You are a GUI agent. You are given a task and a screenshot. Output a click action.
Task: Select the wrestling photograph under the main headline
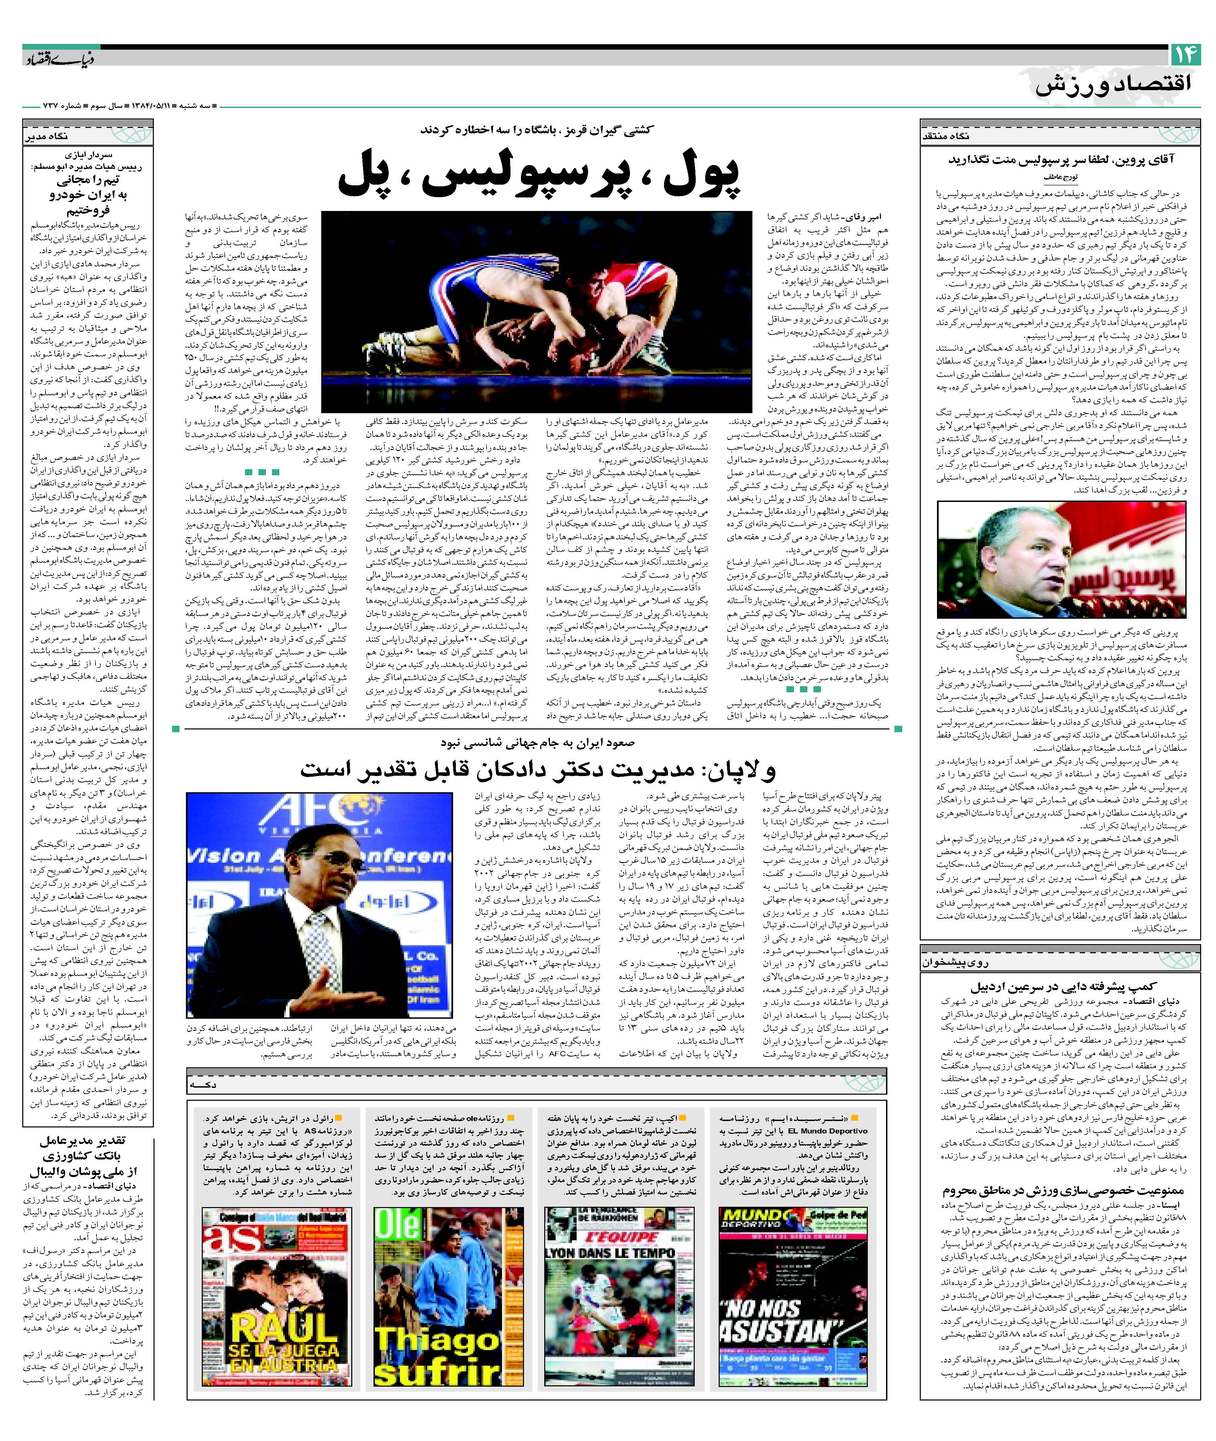pyautogui.click(x=536, y=312)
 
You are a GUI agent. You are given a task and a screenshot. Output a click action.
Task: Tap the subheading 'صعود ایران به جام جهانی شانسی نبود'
pyautogui.click(x=538, y=743)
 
